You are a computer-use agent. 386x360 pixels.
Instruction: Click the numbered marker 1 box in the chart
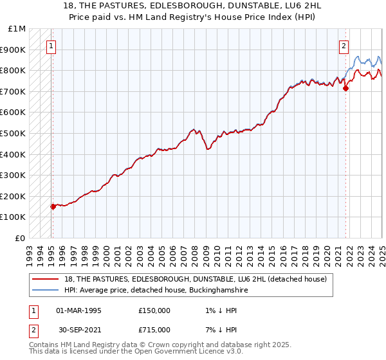(x=51, y=46)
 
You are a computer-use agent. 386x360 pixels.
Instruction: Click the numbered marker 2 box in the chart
(x=344, y=46)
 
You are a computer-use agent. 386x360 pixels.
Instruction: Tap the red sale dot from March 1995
(x=53, y=206)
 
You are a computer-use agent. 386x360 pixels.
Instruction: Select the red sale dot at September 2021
(x=345, y=88)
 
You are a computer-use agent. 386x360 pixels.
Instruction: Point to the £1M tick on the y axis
(x=18, y=29)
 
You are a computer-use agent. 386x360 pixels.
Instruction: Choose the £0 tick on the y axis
(x=20, y=238)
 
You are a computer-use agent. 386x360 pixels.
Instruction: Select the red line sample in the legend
(x=46, y=279)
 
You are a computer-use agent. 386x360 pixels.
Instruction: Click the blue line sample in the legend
(x=46, y=291)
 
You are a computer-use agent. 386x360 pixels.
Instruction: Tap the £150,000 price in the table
(x=154, y=310)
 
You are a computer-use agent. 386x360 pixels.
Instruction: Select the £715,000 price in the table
(x=154, y=330)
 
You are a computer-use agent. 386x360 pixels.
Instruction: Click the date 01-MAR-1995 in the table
(x=78, y=310)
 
